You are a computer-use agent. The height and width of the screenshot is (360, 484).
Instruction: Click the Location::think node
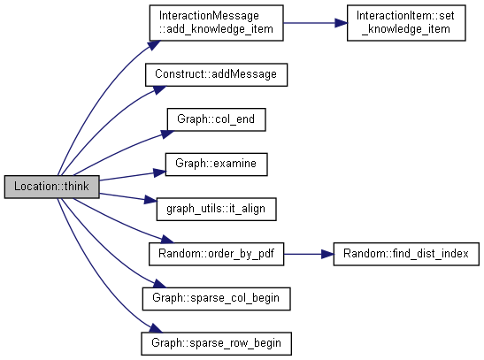click(52, 187)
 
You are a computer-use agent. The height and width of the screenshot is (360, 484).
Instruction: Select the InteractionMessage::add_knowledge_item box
click(217, 23)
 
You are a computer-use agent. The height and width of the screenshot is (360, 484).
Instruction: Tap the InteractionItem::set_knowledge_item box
click(406, 23)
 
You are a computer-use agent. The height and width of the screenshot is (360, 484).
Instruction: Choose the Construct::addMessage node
click(217, 74)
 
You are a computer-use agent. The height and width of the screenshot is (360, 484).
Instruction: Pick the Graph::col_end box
click(217, 119)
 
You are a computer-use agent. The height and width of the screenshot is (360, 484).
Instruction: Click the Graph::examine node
click(217, 165)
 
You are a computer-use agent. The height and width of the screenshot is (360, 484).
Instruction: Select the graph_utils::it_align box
click(217, 209)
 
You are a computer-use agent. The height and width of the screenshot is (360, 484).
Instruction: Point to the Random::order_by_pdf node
click(217, 254)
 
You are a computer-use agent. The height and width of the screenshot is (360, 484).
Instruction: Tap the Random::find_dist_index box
click(406, 254)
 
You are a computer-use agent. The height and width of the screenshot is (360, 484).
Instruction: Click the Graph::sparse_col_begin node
click(217, 299)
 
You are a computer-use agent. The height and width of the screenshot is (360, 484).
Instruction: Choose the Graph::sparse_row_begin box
click(217, 344)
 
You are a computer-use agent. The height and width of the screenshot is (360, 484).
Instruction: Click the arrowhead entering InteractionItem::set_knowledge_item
click(341, 23)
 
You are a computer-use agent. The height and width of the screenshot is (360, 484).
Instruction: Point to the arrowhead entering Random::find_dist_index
click(327, 254)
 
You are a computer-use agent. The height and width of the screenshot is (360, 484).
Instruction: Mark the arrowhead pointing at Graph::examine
click(160, 172)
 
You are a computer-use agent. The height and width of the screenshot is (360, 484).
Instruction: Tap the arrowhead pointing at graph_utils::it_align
click(150, 200)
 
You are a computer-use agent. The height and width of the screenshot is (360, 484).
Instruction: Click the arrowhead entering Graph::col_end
click(167, 134)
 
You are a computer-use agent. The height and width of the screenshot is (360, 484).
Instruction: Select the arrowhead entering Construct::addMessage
click(159, 89)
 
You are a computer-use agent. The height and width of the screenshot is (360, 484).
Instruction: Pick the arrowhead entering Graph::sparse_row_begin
click(156, 328)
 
